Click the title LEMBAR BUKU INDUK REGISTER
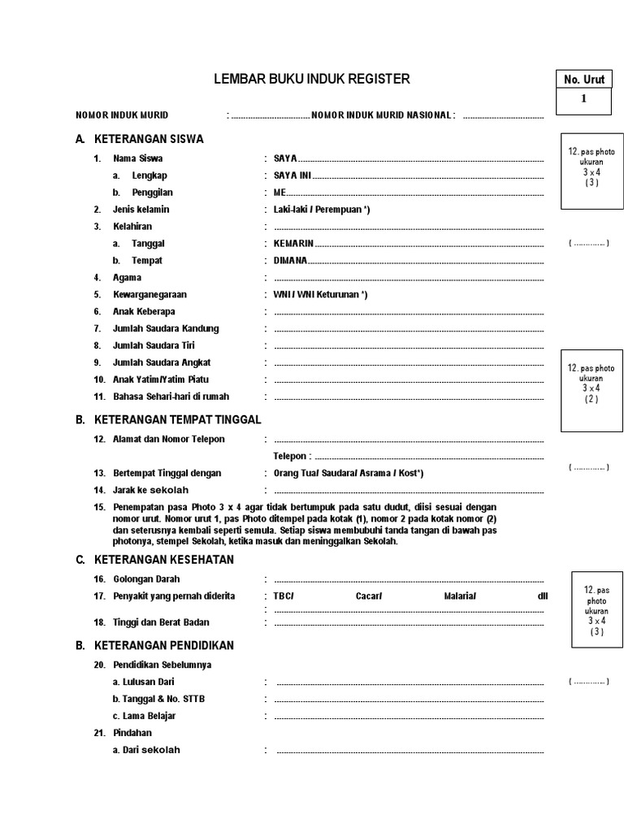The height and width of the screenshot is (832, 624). [311, 79]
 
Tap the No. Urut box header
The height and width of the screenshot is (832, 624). [583, 80]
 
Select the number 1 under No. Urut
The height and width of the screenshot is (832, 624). [583, 99]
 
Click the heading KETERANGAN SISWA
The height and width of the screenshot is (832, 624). [149, 139]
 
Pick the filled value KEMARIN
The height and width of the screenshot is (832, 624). [294, 244]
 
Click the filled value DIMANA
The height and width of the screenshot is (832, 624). [290, 261]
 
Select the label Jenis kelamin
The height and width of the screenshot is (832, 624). [141, 210]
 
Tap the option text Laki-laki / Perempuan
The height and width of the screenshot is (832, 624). [322, 210]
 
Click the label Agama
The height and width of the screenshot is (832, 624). [128, 278]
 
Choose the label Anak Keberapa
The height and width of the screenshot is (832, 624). [144, 312]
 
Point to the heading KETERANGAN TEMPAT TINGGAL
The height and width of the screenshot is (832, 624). [178, 420]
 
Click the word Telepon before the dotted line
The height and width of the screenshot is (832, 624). [291, 457]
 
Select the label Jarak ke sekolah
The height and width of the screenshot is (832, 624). [151, 490]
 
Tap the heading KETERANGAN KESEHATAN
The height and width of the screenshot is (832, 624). [164, 560]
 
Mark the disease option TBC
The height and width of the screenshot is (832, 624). [284, 596]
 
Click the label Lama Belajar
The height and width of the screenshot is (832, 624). [145, 716]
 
